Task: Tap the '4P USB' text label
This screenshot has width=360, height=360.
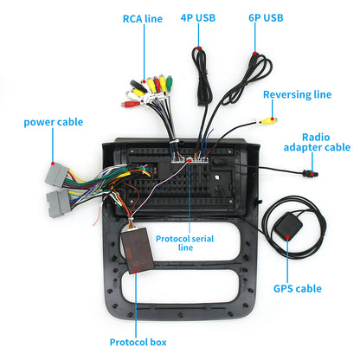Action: (198, 16)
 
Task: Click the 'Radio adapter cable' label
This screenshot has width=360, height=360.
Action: (325, 142)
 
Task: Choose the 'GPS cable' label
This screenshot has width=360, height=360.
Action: (297, 288)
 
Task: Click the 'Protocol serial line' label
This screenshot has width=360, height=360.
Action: (184, 241)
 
